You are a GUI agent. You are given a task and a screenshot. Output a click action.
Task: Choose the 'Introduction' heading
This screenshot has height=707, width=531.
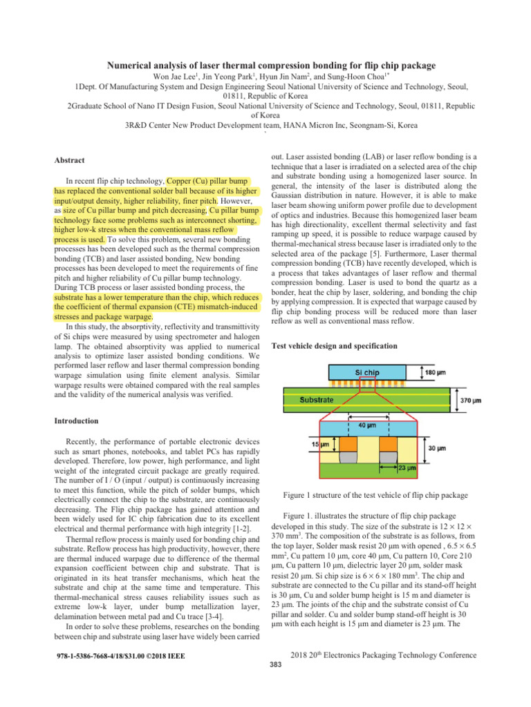(x=79, y=420)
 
